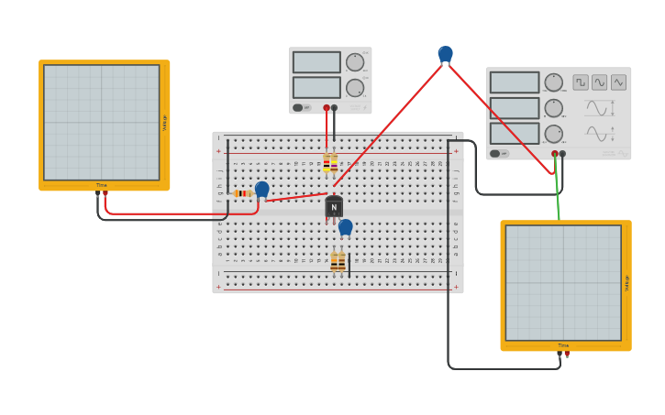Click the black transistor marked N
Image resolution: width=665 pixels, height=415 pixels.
point(334,208)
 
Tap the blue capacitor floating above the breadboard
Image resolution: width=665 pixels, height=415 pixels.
point(446,54)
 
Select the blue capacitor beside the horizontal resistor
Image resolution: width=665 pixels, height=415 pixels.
point(262,189)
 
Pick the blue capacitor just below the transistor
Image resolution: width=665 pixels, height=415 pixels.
point(346,226)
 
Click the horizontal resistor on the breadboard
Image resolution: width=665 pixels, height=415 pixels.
point(243,193)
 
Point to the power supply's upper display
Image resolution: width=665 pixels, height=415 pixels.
point(316,62)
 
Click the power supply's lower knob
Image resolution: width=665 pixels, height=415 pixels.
point(354,88)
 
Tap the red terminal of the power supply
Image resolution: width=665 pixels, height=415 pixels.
point(327,107)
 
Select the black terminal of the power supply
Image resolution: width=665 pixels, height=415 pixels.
point(334,107)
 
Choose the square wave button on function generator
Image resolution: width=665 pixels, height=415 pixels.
point(581,82)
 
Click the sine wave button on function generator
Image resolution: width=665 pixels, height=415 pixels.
point(600,82)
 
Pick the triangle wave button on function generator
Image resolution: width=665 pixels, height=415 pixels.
point(619,82)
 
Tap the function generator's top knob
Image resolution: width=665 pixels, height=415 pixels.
point(554,82)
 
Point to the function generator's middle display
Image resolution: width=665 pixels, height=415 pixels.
point(515,108)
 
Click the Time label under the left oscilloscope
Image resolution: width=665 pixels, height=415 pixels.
point(102,185)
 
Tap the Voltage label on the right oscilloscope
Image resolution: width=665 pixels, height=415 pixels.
point(626,283)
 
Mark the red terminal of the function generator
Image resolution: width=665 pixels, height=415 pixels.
point(555,153)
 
